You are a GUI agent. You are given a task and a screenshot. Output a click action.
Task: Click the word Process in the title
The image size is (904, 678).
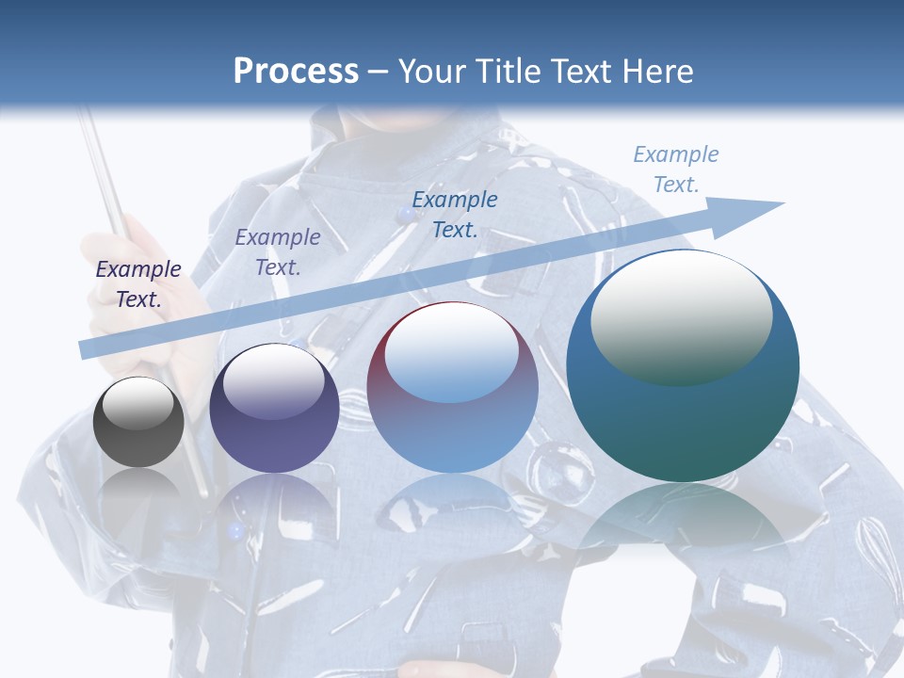(296, 72)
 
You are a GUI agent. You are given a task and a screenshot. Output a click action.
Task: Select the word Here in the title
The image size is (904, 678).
(656, 72)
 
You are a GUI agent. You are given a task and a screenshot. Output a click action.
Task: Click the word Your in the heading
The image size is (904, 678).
(434, 72)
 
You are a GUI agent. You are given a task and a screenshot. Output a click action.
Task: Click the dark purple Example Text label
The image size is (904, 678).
(138, 284)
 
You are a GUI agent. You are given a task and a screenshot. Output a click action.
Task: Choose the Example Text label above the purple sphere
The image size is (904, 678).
(278, 252)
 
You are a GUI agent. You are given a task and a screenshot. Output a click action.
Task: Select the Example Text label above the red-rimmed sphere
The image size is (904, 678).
(455, 214)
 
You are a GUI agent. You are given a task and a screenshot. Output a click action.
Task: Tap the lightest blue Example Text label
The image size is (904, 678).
(676, 169)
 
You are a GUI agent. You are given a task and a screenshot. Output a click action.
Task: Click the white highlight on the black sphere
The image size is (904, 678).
(138, 403)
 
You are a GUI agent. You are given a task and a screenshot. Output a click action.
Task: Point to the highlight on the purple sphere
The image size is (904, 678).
(273, 381)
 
